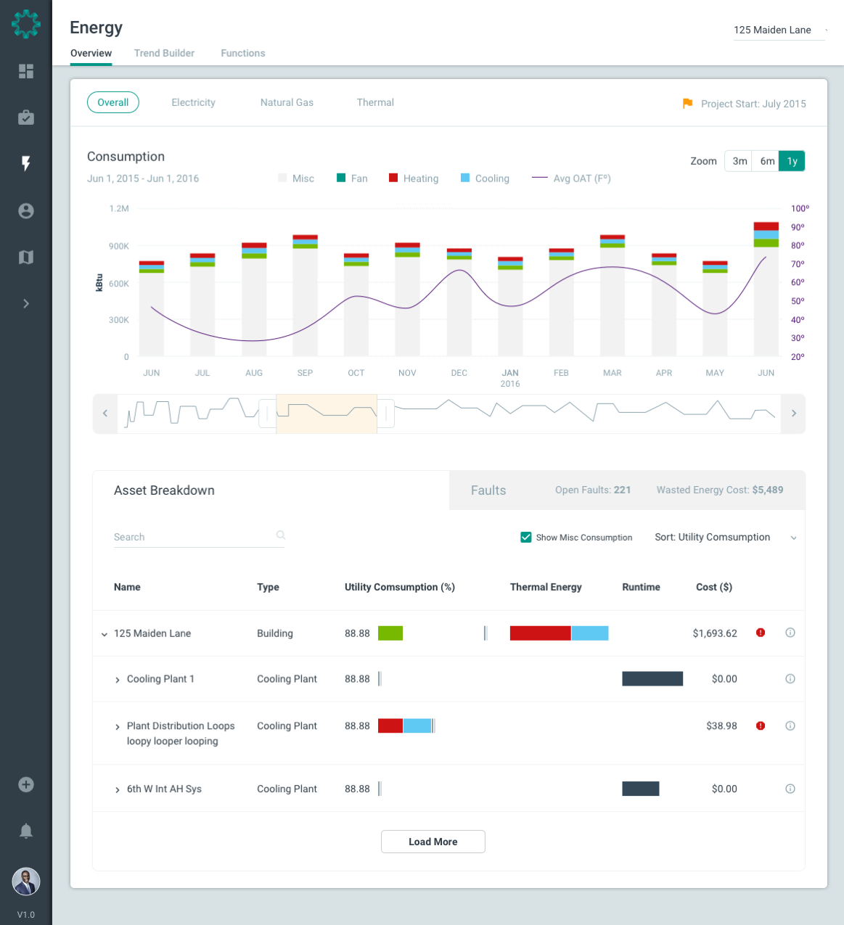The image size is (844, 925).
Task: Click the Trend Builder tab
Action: coord(164,53)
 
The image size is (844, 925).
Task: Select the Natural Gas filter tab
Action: coord(287,102)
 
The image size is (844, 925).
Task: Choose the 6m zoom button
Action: coord(767,161)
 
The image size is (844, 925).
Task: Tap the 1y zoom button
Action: coord(792,161)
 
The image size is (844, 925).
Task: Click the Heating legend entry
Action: coord(414,178)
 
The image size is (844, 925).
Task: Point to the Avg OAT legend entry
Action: coord(572,178)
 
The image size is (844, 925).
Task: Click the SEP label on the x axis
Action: coord(305,373)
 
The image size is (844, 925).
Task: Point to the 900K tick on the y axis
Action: coord(119,246)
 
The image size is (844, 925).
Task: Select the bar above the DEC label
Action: coord(459,305)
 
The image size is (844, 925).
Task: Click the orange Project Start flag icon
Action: coord(687,104)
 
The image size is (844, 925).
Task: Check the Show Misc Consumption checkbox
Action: coord(526,538)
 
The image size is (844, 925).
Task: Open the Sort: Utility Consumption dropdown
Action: coord(725,538)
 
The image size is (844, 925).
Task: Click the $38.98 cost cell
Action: coord(721,725)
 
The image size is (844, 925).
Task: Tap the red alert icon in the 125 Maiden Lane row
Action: coord(761,633)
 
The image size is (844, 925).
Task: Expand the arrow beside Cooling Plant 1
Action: coord(118,680)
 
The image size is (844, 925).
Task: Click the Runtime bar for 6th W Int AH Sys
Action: coord(640,789)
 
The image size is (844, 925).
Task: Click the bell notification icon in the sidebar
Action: coord(26,831)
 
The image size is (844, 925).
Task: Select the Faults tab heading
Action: coord(488,490)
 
